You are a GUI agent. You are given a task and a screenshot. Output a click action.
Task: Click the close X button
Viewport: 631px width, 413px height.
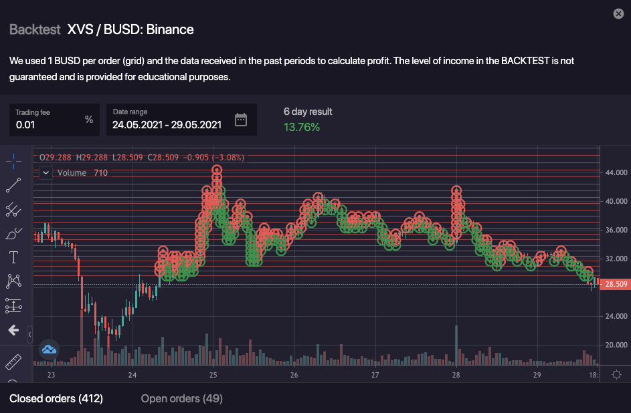pos(618,13)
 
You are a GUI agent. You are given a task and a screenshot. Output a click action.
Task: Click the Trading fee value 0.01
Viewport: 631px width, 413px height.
pos(25,124)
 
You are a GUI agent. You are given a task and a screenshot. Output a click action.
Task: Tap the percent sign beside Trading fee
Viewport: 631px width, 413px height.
pos(89,120)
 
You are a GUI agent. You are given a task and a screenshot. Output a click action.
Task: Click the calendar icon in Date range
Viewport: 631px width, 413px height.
pos(241,120)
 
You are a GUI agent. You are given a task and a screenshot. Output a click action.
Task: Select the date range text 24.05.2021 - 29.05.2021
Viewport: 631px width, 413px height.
pos(167,124)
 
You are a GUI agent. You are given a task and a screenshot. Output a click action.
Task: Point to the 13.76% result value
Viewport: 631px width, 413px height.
pos(302,127)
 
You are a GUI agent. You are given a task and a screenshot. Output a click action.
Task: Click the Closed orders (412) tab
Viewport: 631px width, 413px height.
pos(56,399)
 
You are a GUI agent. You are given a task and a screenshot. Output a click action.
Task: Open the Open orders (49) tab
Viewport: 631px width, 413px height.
pos(181,399)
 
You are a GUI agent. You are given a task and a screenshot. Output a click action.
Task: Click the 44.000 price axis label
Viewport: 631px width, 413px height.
pos(616,172)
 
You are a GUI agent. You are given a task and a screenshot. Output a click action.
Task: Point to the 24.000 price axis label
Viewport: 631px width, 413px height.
pos(616,316)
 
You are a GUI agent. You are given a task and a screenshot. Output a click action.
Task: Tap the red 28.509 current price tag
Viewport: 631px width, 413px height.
pos(615,284)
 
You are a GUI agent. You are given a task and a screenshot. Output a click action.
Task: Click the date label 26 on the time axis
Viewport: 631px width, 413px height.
pos(294,375)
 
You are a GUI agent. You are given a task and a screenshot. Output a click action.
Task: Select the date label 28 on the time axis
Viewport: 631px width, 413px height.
pos(456,375)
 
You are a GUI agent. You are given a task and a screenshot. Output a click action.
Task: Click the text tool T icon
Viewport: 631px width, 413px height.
pos(13,257)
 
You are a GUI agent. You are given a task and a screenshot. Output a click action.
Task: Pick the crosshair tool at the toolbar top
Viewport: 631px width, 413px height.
pos(13,160)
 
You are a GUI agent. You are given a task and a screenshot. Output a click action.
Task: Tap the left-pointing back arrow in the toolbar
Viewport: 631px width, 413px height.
pos(13,329)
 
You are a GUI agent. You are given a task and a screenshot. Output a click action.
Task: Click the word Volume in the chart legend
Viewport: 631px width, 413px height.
pos(72,172)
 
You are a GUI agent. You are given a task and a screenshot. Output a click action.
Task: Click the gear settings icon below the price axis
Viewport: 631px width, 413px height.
pos(616,375)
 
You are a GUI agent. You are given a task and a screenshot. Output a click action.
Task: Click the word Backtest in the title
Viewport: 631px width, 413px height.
pos(35,29)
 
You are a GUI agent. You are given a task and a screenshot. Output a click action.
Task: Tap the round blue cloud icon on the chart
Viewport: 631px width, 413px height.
pos(49,349)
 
